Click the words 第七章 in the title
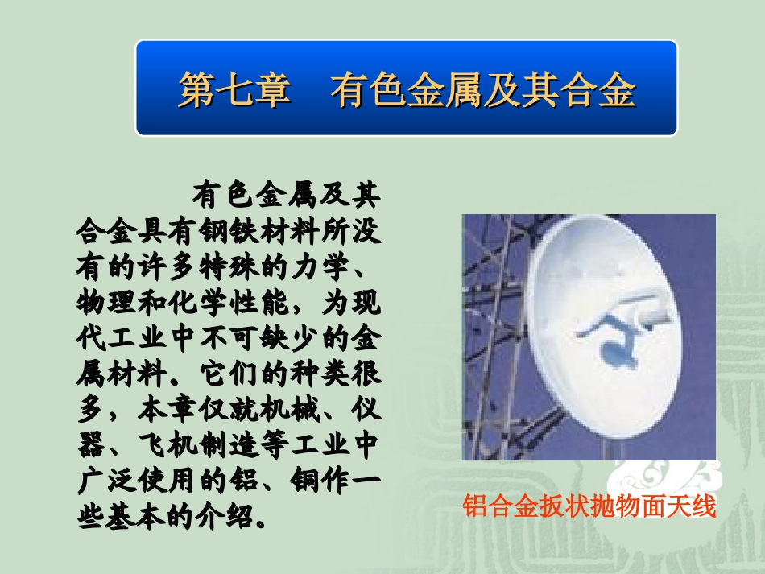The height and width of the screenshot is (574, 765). (x=234, y=91)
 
